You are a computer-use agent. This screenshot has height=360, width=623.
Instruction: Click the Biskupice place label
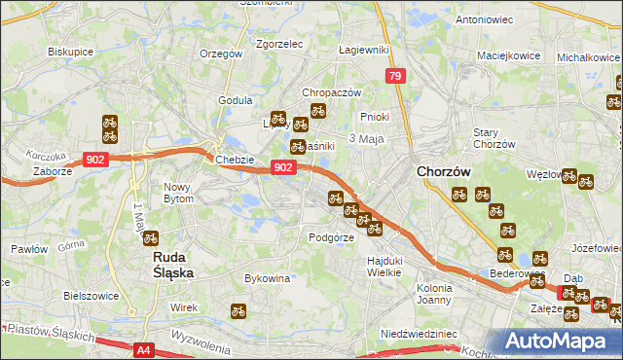tap(69, 52)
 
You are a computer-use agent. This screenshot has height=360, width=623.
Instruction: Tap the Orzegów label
tap(219, 54)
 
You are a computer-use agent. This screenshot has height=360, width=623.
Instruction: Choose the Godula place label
tap(236, 99)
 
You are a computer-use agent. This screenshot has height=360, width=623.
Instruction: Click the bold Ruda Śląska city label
tap(175, 266)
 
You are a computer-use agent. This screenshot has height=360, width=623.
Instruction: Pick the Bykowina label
tap(268, 278)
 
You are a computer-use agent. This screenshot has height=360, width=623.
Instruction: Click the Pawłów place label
tap(28, 249)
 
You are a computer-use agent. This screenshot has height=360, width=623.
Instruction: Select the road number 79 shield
tap(394, 75)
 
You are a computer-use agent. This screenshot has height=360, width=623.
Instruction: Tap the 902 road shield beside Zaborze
tap(95, 160)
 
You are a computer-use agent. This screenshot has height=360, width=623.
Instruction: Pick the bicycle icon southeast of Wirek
tap(238, 312)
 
